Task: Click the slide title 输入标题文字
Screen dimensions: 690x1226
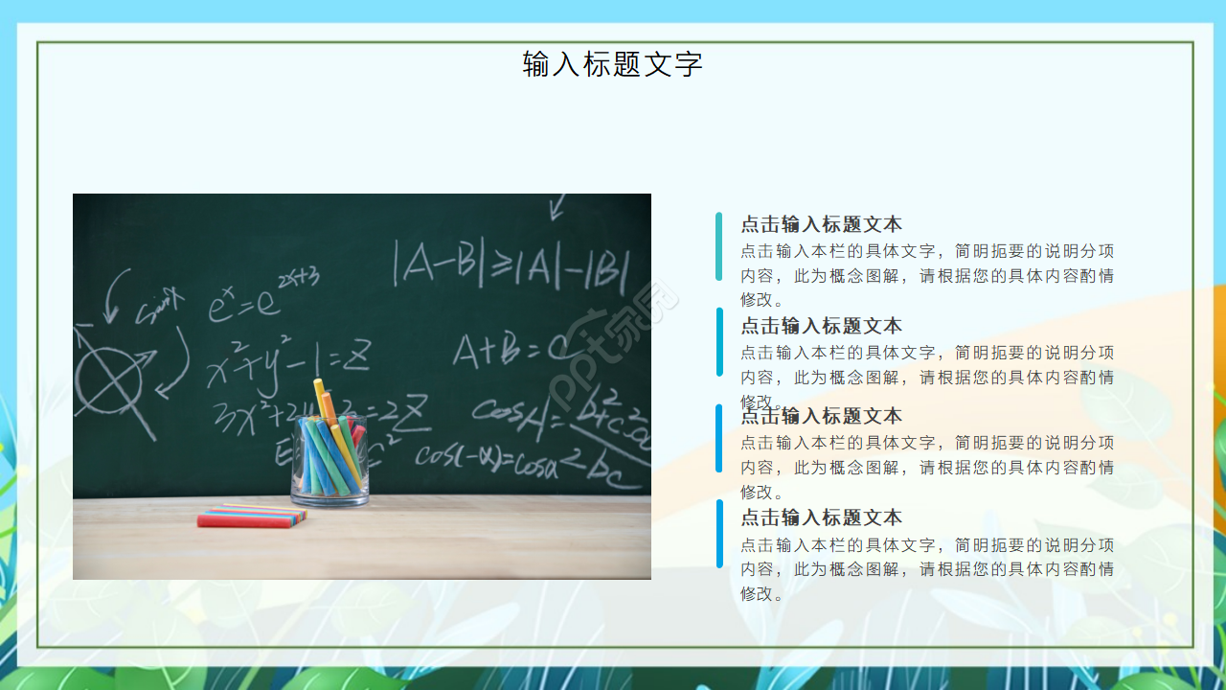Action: click(612, 64)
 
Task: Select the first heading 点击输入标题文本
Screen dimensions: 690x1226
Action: click(821, 224)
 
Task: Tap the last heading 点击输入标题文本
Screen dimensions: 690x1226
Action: click(821, 517)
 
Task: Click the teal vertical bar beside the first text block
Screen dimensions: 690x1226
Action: click(719, 246)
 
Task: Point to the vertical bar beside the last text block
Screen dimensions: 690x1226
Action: click(719, 533)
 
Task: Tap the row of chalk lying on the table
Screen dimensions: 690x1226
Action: click(252, 517)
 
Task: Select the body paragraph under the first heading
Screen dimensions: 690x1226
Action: click(926, 275)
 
